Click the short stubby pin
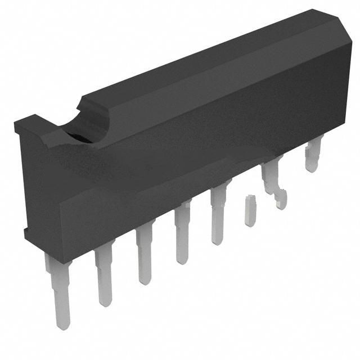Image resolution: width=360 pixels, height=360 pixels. tap(250, 211)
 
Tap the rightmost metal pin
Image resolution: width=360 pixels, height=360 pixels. tap(313, 154)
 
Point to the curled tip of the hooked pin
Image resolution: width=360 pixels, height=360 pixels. tap(281, 200)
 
